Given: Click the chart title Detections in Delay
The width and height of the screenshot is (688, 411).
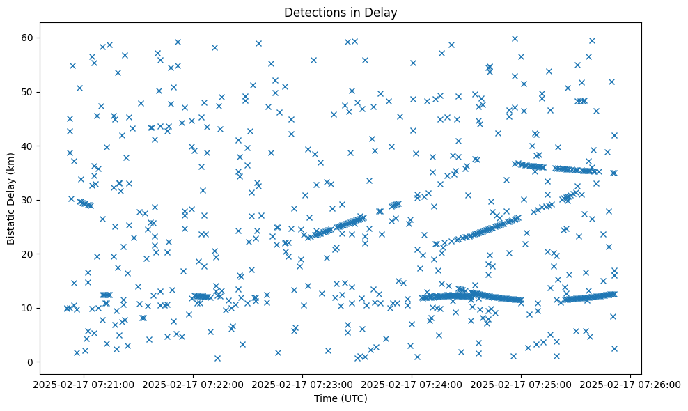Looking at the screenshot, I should [x=341, y=13].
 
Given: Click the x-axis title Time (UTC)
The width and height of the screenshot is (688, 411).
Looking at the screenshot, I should [x=341, y=398].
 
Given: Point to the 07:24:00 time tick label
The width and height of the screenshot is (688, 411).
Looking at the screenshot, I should [x=412, y=384].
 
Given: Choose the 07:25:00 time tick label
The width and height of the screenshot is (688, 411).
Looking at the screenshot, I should [x=522, y=384].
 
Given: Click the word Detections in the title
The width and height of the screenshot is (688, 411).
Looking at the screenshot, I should [x=314, y=13].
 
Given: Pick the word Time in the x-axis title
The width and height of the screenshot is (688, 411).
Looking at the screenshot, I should [x=327, y=398].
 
